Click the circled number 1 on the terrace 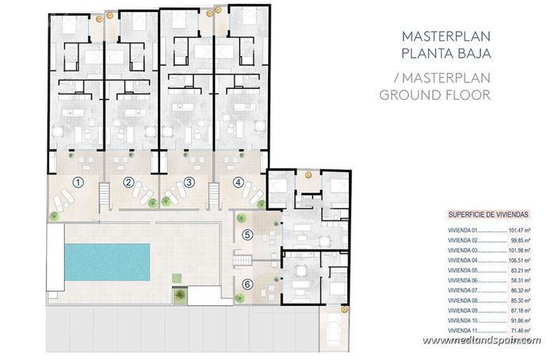[78, 182]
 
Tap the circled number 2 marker [128, 182]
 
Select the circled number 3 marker [190, 182]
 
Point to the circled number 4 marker [239, 182]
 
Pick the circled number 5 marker [247, 234]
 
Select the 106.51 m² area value [519, 259]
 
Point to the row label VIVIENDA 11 [462, 328]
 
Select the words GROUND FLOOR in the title [435, 94]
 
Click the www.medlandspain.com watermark [482, 340]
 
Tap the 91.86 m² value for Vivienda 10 [519, 319]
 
